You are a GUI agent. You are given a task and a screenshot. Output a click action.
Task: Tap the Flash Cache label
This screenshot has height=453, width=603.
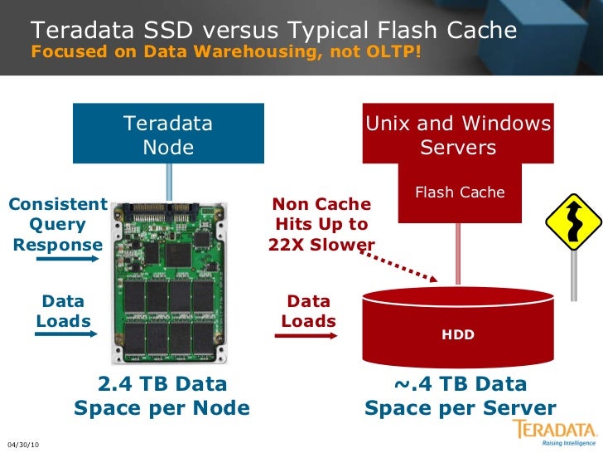point(460,192)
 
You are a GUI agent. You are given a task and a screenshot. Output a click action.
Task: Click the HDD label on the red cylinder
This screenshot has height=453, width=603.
point(458,334)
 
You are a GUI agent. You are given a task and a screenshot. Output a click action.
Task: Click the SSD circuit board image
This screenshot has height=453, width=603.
point(169,282)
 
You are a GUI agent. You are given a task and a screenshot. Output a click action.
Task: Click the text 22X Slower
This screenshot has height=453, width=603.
point(322,245)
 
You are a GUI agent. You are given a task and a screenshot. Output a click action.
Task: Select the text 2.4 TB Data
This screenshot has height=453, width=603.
point(162,384)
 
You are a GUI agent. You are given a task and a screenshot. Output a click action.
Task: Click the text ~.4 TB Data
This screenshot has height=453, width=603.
point(461,384)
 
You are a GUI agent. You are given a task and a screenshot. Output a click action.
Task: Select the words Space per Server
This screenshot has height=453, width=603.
point(461,408)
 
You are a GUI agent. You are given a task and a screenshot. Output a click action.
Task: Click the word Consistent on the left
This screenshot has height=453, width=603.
point(58,204)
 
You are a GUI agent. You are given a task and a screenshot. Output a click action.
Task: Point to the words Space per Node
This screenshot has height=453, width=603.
point(162,408)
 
